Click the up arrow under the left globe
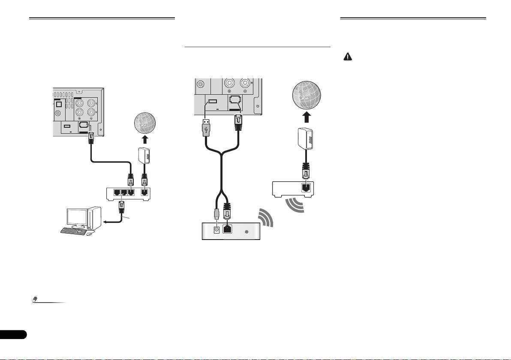[145, 139]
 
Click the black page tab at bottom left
[13, 334]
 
